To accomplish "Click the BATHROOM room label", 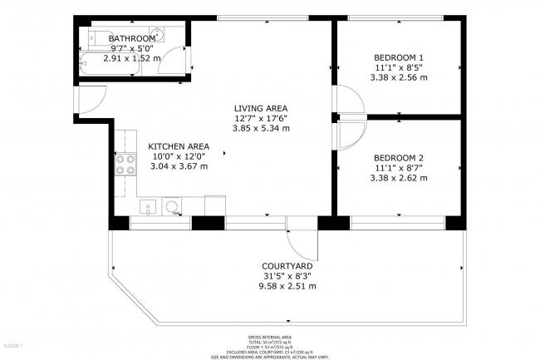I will [x=132, y=38].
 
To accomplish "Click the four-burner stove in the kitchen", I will [x=125, y=165].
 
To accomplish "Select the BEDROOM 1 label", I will [x=398, y=57].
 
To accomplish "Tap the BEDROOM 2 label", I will [x=398, y=156].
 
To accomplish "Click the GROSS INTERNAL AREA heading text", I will [x=269, y=336].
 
